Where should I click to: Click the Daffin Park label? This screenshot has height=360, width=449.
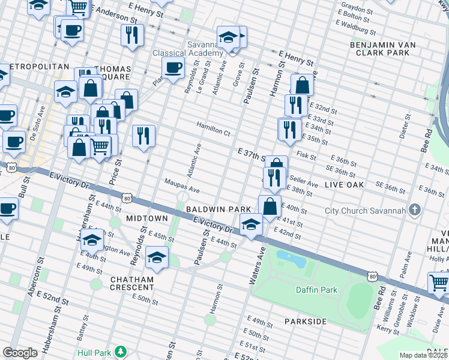pos(316,290)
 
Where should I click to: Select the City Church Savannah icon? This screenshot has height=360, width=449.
pos(414,210)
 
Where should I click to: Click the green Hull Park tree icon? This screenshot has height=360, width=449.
pos(121,351)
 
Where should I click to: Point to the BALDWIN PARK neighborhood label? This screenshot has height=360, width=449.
pos(218,209)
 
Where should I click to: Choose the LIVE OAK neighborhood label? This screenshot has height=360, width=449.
pos(344,185)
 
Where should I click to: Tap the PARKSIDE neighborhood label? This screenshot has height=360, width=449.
pos(305,322)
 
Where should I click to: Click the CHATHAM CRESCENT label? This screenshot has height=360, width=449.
pos(131,284)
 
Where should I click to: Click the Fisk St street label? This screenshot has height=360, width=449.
pos(306,155)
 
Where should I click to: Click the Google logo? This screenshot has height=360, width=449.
pos(20,352)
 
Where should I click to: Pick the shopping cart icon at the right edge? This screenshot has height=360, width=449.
pos(439,283)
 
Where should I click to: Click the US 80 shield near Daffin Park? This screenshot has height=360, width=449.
pos(373,276)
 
